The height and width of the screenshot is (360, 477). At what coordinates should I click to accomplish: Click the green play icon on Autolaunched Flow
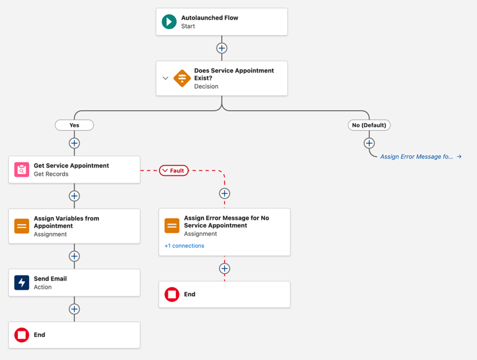pos(169,22)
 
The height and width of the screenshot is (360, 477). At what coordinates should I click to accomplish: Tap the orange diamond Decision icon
pos(182,78)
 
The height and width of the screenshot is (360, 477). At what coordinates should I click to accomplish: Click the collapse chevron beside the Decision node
pos(166,78)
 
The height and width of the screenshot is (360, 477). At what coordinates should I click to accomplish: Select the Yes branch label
pos(74,125)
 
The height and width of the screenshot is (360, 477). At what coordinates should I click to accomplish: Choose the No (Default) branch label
pos(369,125)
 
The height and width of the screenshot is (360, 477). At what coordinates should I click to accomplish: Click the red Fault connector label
pos(174,170)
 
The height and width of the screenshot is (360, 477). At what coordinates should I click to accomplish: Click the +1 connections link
pos(184,246)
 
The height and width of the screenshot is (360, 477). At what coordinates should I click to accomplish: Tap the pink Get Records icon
pos(21,170)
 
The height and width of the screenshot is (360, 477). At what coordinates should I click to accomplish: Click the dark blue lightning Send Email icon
pos(21,283)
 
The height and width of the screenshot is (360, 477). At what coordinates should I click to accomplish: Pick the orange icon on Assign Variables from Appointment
pos(21,226)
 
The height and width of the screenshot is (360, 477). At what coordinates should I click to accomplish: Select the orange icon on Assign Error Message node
pos(172,226)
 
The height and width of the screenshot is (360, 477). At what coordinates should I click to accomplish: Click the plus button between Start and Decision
pos(222,48)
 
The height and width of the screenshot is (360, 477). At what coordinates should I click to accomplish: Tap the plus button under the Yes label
pos(74,143)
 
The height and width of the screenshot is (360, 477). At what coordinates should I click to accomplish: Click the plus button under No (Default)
pos(369,143)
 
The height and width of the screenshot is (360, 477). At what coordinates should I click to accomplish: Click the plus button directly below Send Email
pos(74,309)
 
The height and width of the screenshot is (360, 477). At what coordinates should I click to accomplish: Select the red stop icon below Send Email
pos(21,335)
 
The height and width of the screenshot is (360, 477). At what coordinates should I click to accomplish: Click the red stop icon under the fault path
pos(172,294)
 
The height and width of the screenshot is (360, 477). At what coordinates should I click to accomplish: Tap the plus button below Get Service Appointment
pos(74,196)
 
